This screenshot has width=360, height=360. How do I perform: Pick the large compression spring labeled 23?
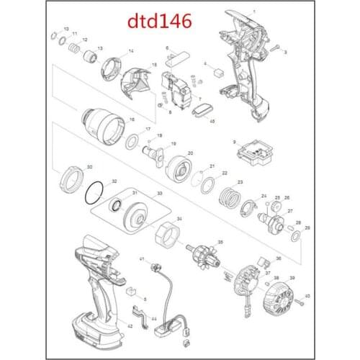coord(228,196)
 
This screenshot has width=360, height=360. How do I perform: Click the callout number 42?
coord(130,326)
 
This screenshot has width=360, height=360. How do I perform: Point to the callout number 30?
coord(89,167)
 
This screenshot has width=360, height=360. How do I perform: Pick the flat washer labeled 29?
coord(295,235)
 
